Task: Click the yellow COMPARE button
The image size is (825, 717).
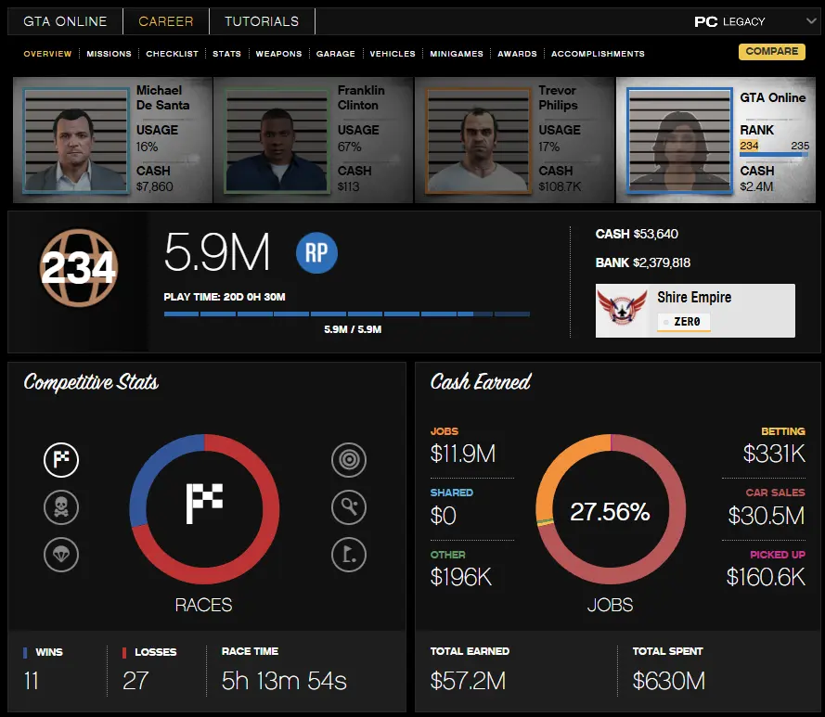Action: (771, 52)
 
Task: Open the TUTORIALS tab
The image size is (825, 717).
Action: (262, 21)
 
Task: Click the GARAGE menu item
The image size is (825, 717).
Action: (335, 54)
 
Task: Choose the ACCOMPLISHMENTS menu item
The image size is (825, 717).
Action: (598, 54)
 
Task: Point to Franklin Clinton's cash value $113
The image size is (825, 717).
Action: (349, 186)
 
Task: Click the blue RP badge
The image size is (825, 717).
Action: (316, 253)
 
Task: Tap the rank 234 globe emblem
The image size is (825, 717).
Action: (78, 269)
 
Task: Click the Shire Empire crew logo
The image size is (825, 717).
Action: (622, 310)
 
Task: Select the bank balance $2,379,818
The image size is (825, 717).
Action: (662, 263)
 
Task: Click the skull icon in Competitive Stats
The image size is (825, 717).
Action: (61, 507)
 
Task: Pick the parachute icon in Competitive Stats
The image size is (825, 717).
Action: (61, 555)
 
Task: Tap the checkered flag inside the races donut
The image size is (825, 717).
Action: (204, 503)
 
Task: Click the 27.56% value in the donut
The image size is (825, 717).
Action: (610, 512)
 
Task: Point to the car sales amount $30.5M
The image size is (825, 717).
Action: (766, 515)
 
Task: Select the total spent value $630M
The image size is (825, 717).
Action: (669, 682)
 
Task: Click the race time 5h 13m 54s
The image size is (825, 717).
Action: (284, 682)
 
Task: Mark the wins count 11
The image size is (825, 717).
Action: (32, 682)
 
